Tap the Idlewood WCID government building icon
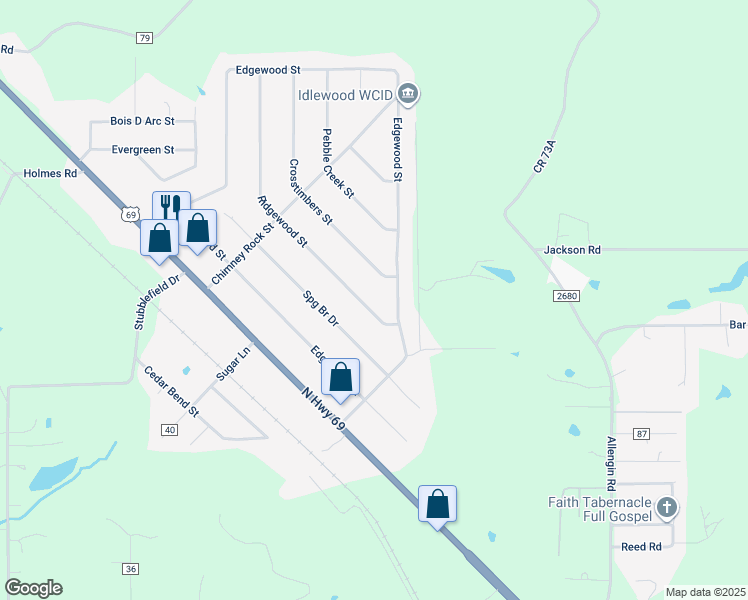[408, 95]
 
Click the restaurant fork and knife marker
[170, 207]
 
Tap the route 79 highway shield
[145, 38]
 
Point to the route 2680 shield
[565, 297]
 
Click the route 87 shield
[641, 433]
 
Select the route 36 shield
[131, 569]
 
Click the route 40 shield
[168, 429]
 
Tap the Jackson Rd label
[572, 249]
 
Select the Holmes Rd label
[50, 173]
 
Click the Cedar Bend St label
[171, 391]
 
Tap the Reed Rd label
[641, 547]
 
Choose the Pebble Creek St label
[338, 163]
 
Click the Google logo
[33, 588]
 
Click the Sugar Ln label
[232, 364]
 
